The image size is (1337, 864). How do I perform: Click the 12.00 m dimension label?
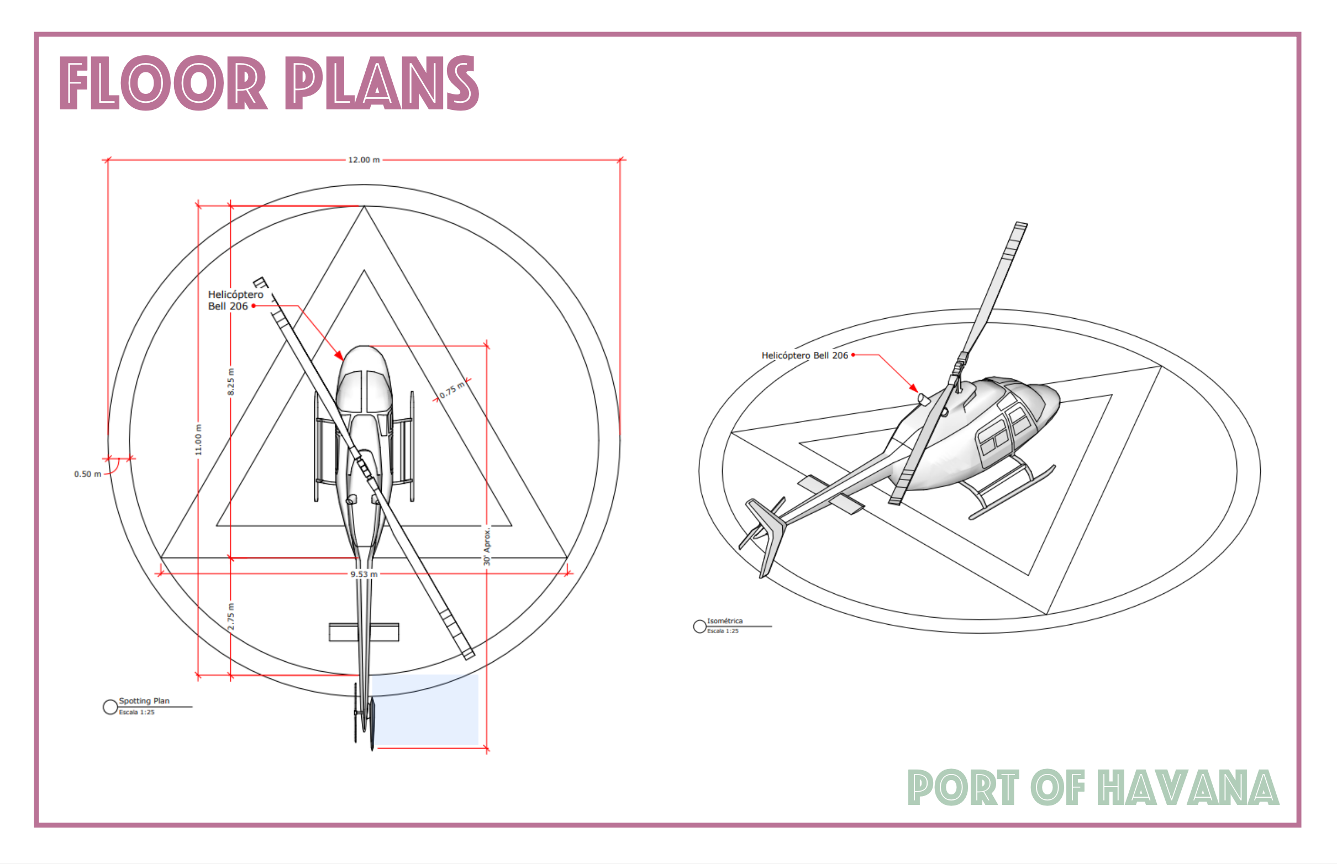click(x=364, y=160)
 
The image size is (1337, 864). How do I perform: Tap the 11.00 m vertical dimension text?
click(x=198, y=440)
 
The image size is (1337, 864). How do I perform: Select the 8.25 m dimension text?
click(x=230, y=382)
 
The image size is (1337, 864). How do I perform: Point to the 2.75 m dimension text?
click(x=230, y=616)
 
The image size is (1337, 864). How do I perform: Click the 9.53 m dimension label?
click(x=364, y=574)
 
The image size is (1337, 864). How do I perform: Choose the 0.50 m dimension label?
click(x=87, y=474)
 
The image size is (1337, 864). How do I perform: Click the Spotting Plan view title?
click(x=144, y=700)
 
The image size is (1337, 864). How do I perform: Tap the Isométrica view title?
click(x=724, y=621)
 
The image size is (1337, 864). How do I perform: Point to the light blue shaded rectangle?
click(x=425, y=710)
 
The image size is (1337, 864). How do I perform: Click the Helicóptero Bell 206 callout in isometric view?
click(x=804, y=355)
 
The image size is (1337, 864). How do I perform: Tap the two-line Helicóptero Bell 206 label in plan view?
click(x=235, y=300)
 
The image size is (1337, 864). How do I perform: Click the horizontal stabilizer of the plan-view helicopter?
click(x=364, y=632)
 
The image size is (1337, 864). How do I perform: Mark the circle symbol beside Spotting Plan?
click(x=110, y=707)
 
